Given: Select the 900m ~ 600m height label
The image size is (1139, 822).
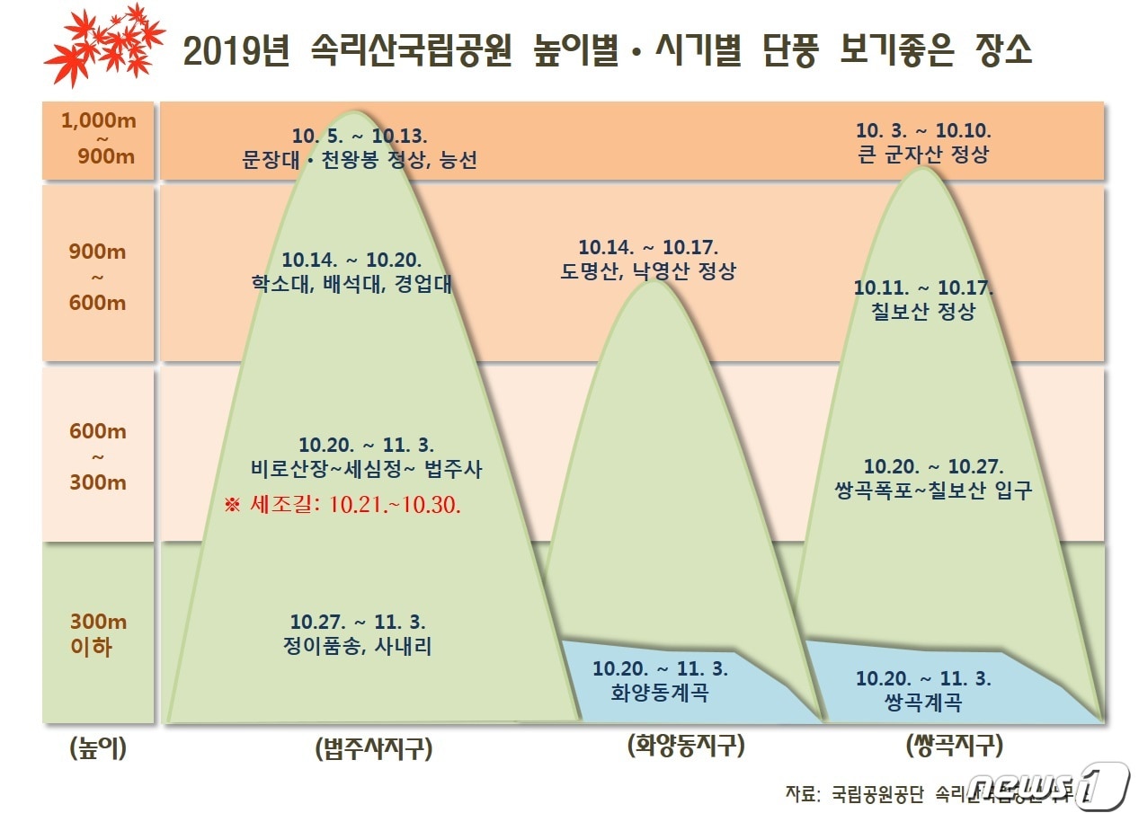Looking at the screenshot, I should [x=98, y=277].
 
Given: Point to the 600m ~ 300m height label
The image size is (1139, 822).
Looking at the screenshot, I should [x=98, y=456].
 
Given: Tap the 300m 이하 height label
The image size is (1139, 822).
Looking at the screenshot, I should [x=98, y=633].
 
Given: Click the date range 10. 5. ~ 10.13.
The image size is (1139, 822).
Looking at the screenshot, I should [x=360, y=136].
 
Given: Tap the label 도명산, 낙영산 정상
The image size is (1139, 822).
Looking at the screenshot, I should [x=647, y=271].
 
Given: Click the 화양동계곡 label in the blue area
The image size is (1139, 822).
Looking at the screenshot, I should [x=659, y=693].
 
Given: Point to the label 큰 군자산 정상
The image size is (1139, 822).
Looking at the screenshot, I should [x=923, y=154].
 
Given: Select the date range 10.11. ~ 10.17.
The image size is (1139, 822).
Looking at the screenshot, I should [x=923, y=287].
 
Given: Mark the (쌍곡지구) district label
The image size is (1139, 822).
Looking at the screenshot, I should [x=955, y=746].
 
